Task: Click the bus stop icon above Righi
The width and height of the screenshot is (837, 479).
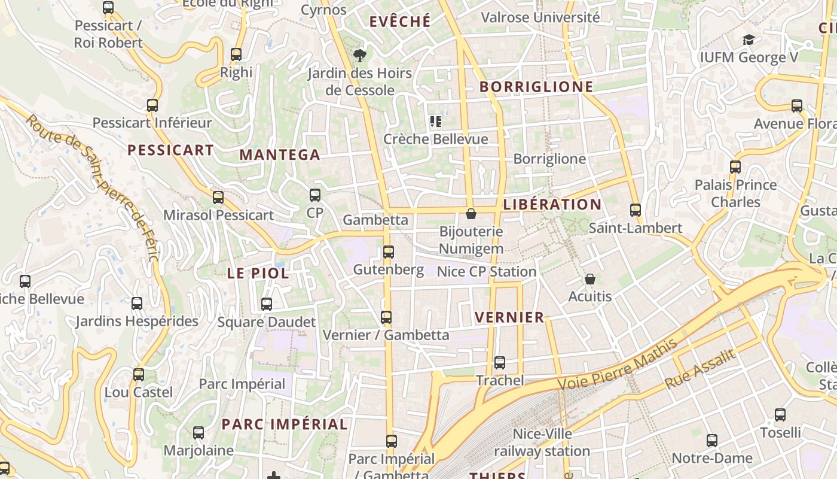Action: pos(236,54)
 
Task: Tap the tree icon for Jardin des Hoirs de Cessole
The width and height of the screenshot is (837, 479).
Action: pos(359,56)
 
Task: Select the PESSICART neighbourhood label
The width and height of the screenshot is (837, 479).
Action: pos(170,150)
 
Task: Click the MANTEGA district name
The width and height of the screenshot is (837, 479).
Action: pos(280,154)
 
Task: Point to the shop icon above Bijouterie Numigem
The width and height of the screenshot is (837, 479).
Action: pos(471,214)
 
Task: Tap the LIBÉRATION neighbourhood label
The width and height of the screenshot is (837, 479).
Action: pos(552,204)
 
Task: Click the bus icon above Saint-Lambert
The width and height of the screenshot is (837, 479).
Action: pos(636,210)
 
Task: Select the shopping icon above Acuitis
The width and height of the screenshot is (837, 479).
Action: pos(590,279)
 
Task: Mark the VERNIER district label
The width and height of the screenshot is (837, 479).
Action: pos(509,317)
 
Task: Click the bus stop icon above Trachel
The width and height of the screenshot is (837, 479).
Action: pos(500,362)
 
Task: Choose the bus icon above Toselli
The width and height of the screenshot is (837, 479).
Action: pos(780,414)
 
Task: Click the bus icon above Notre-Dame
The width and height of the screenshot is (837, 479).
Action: pos(712,441)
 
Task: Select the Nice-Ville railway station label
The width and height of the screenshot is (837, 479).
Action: pos(542,442)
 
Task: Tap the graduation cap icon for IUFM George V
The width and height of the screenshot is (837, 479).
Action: pos(749,40)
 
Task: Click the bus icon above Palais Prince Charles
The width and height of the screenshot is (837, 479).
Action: pos(735,167)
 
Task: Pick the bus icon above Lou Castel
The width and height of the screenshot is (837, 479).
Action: pos(139,375)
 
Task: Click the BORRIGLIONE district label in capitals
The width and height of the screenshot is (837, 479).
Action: pos(536,87)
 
